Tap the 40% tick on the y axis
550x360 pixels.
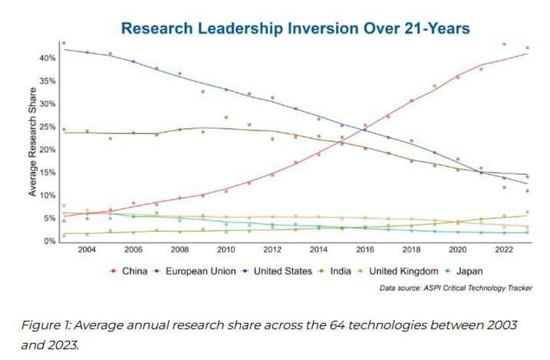click(x=48, y=58)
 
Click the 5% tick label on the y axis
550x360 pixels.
click(x=51, y=219)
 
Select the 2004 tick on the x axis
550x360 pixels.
click(x=87, y=250)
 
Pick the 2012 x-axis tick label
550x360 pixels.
click(x=272, y=250)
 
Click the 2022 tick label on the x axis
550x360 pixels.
click(x=504, y=250)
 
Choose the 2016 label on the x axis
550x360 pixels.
click(x=365, y=250)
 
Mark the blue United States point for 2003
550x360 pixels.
click(x=64, y=44)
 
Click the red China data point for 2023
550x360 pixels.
click(x=527, y=48)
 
